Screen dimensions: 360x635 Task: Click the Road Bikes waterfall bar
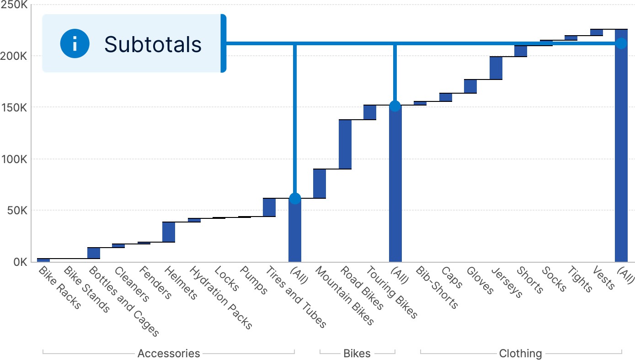click(345, 144)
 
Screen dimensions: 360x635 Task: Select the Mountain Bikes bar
click(320, 184)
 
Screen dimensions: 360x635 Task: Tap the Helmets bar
click(169, 232)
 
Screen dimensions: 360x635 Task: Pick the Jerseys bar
click(496, 68)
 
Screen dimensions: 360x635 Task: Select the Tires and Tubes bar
click(269, 207)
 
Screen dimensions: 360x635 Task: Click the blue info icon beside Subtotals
click(75, 44)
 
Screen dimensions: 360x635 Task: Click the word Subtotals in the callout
click(153, 44)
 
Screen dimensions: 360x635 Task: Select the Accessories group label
click(169, 353)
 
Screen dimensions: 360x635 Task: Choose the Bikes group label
click(357, 353)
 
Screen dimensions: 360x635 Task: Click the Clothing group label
click(520, 353)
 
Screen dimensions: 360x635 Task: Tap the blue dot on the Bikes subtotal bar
click(395, 106)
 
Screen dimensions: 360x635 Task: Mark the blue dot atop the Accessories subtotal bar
click(295, 198)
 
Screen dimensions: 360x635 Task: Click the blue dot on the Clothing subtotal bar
click(621, 43)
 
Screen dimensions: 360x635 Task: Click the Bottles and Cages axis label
click(123, 302)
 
